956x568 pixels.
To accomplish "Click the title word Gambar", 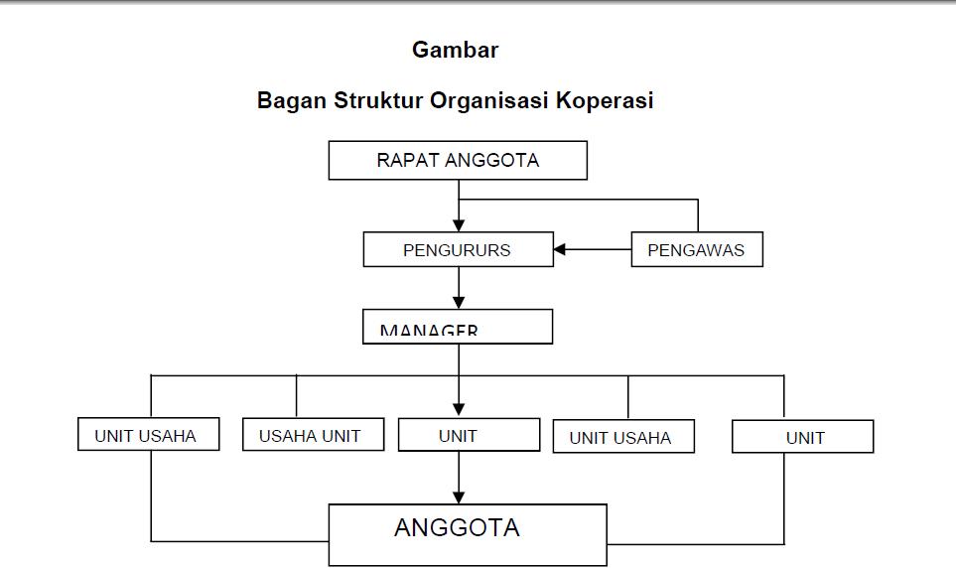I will (455, 50).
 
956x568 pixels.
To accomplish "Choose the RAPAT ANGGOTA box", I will (458, 160).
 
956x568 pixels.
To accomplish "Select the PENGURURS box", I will (458, 249).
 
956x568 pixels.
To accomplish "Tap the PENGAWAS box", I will (697, 249).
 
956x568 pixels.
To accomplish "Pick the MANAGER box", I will (458, 327).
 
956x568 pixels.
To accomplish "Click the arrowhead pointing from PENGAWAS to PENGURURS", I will (560, 249).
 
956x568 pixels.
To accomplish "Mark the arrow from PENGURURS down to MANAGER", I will (459, 288).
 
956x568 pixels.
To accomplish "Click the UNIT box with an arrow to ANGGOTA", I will (469, 435).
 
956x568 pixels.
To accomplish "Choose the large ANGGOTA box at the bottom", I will (468, 534).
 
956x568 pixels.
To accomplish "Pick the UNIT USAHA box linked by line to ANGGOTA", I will (148, 435).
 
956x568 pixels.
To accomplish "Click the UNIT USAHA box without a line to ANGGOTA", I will (623, 437).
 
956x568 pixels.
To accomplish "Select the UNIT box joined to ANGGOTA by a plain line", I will (802, 437).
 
